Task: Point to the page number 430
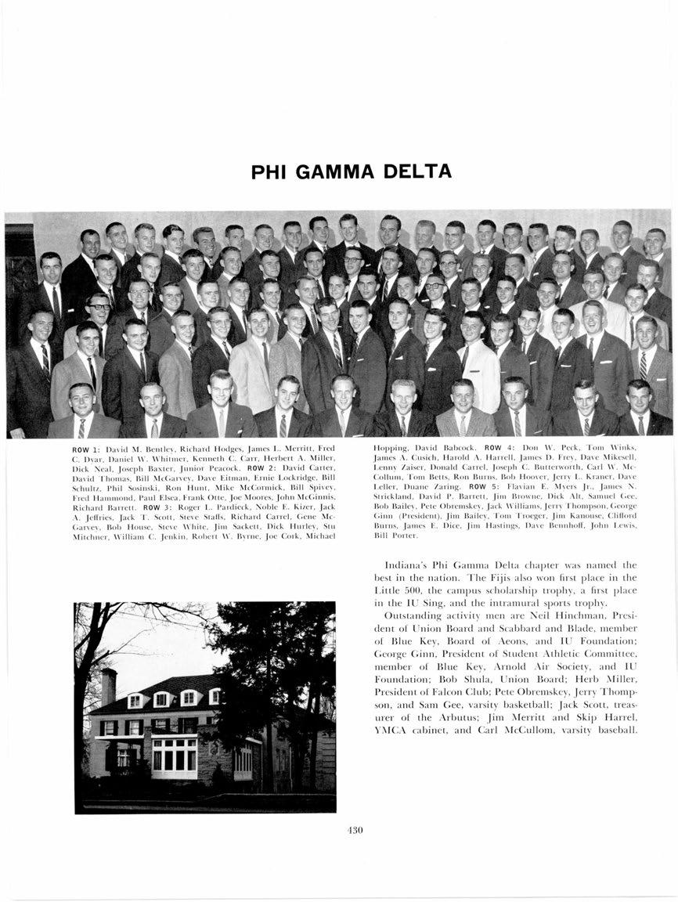pos(355,831)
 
